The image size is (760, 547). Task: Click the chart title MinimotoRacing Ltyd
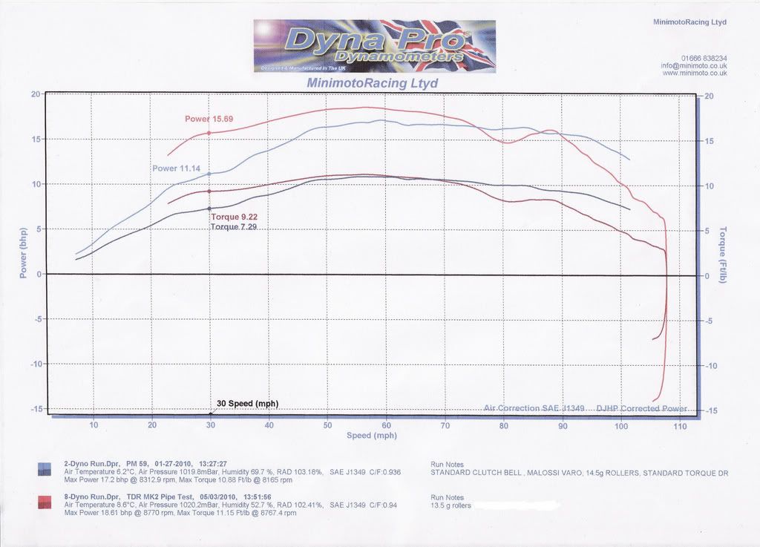pyautogui.click(x=372, y=83)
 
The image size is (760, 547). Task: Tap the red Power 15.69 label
pyautogui.click(x=209, y=119)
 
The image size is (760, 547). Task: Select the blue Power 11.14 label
pyautogui.click(x=177, y=168)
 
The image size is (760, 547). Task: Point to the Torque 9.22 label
pyautogui.click(x=235, y=217)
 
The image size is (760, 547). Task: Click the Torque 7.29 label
pyautogui.click(x=235, y=226)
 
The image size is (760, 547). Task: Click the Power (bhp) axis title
pyautogui.click(x=23, y=252)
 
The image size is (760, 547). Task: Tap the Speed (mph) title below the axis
pyautogui.click(x=372, y=436)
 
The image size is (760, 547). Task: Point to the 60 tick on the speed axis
pyautogui.click(x=386, y=425)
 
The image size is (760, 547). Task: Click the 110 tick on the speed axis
pyautogui.click(x=680, y=425)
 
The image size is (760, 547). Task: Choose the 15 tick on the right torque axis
pyautogui.click(x=710, y=141)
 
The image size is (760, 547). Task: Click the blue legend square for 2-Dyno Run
pyautogui.click(x=45, y=468)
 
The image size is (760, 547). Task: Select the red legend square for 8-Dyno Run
pyautogui.click(x=45, y=503)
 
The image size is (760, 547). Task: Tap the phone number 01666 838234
pyautogui.click(x=704, y=58)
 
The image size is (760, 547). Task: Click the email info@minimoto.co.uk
pyautogui.click(x=694, y=65)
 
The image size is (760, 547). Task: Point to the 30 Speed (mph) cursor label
pyautogui.click(x=247, y=404)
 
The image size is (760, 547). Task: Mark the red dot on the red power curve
pyautogui.click(x=209, y=133)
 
